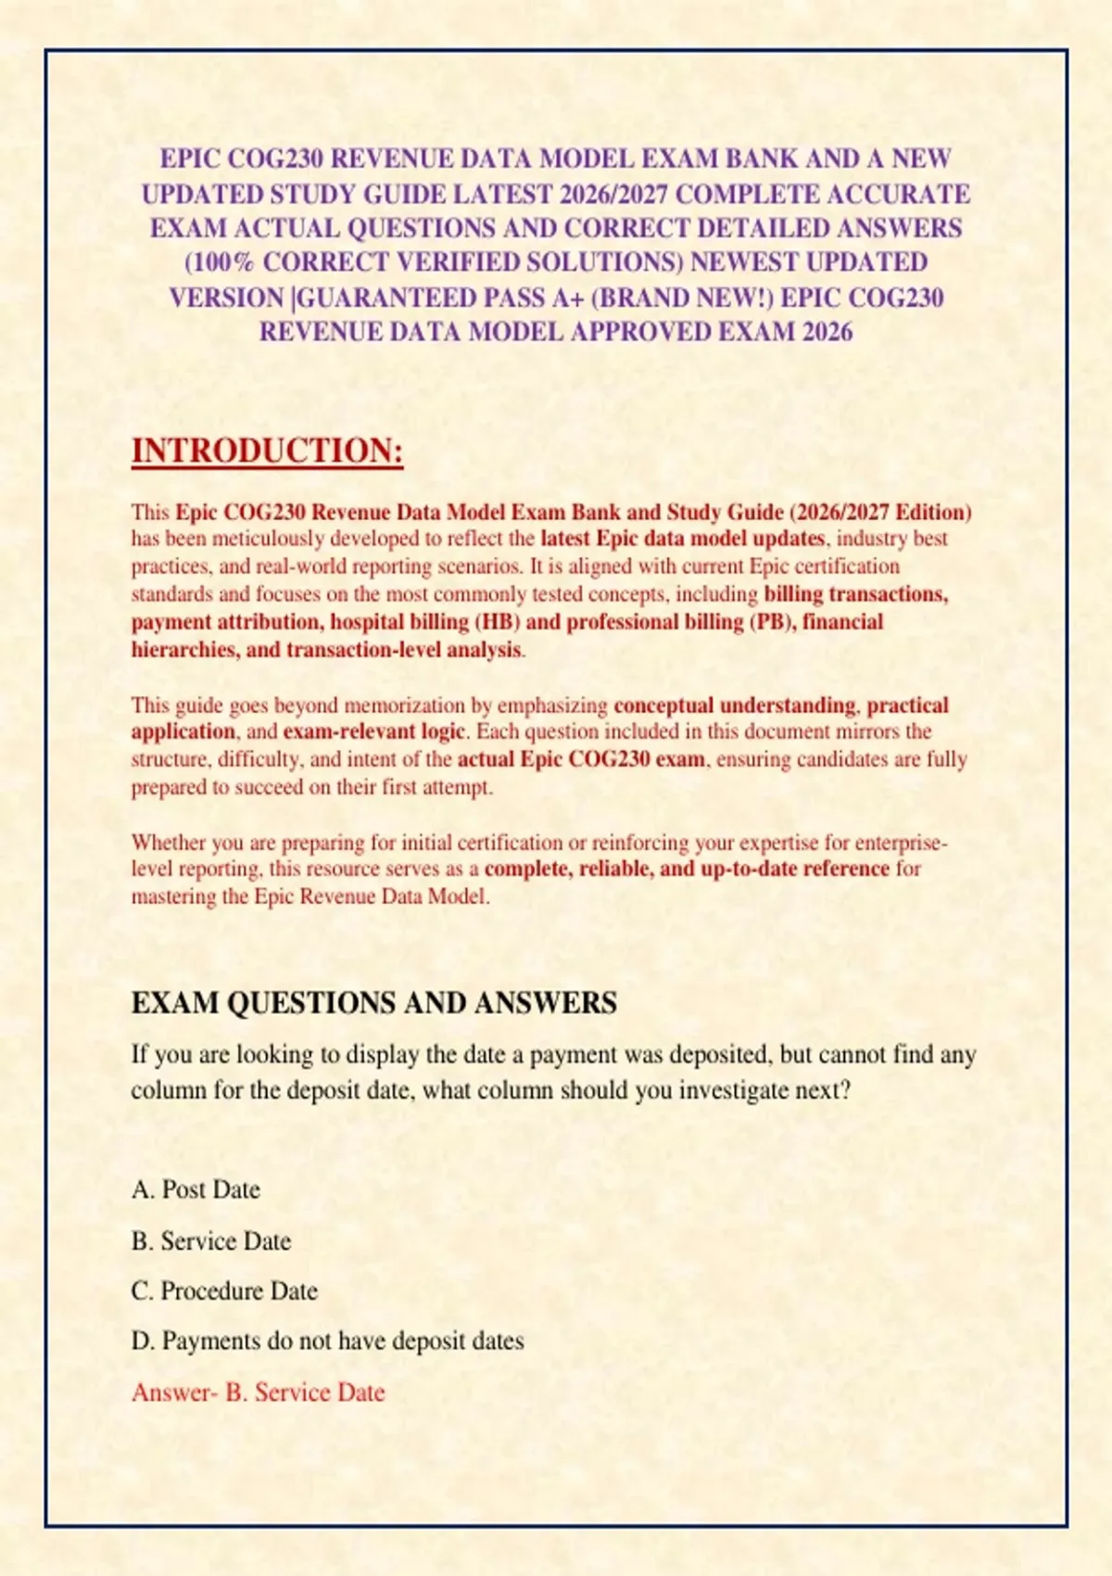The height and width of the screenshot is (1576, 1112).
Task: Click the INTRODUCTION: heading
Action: [267, 451]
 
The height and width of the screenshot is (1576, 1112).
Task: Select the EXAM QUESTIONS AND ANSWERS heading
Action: [373, 1003]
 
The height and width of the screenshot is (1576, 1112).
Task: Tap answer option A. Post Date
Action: [196, 1189]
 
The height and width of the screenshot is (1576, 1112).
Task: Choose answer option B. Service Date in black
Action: [211, 1241]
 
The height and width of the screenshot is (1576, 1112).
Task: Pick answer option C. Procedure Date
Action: [224, 1291]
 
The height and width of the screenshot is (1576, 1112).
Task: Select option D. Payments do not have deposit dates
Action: [327, 1341]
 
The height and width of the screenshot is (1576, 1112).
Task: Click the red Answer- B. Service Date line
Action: [258, 1392]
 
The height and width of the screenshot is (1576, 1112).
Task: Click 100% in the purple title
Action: [222, 263]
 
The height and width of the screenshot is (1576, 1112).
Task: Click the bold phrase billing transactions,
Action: [855, 594]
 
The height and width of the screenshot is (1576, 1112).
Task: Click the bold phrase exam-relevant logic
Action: [373, 731]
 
